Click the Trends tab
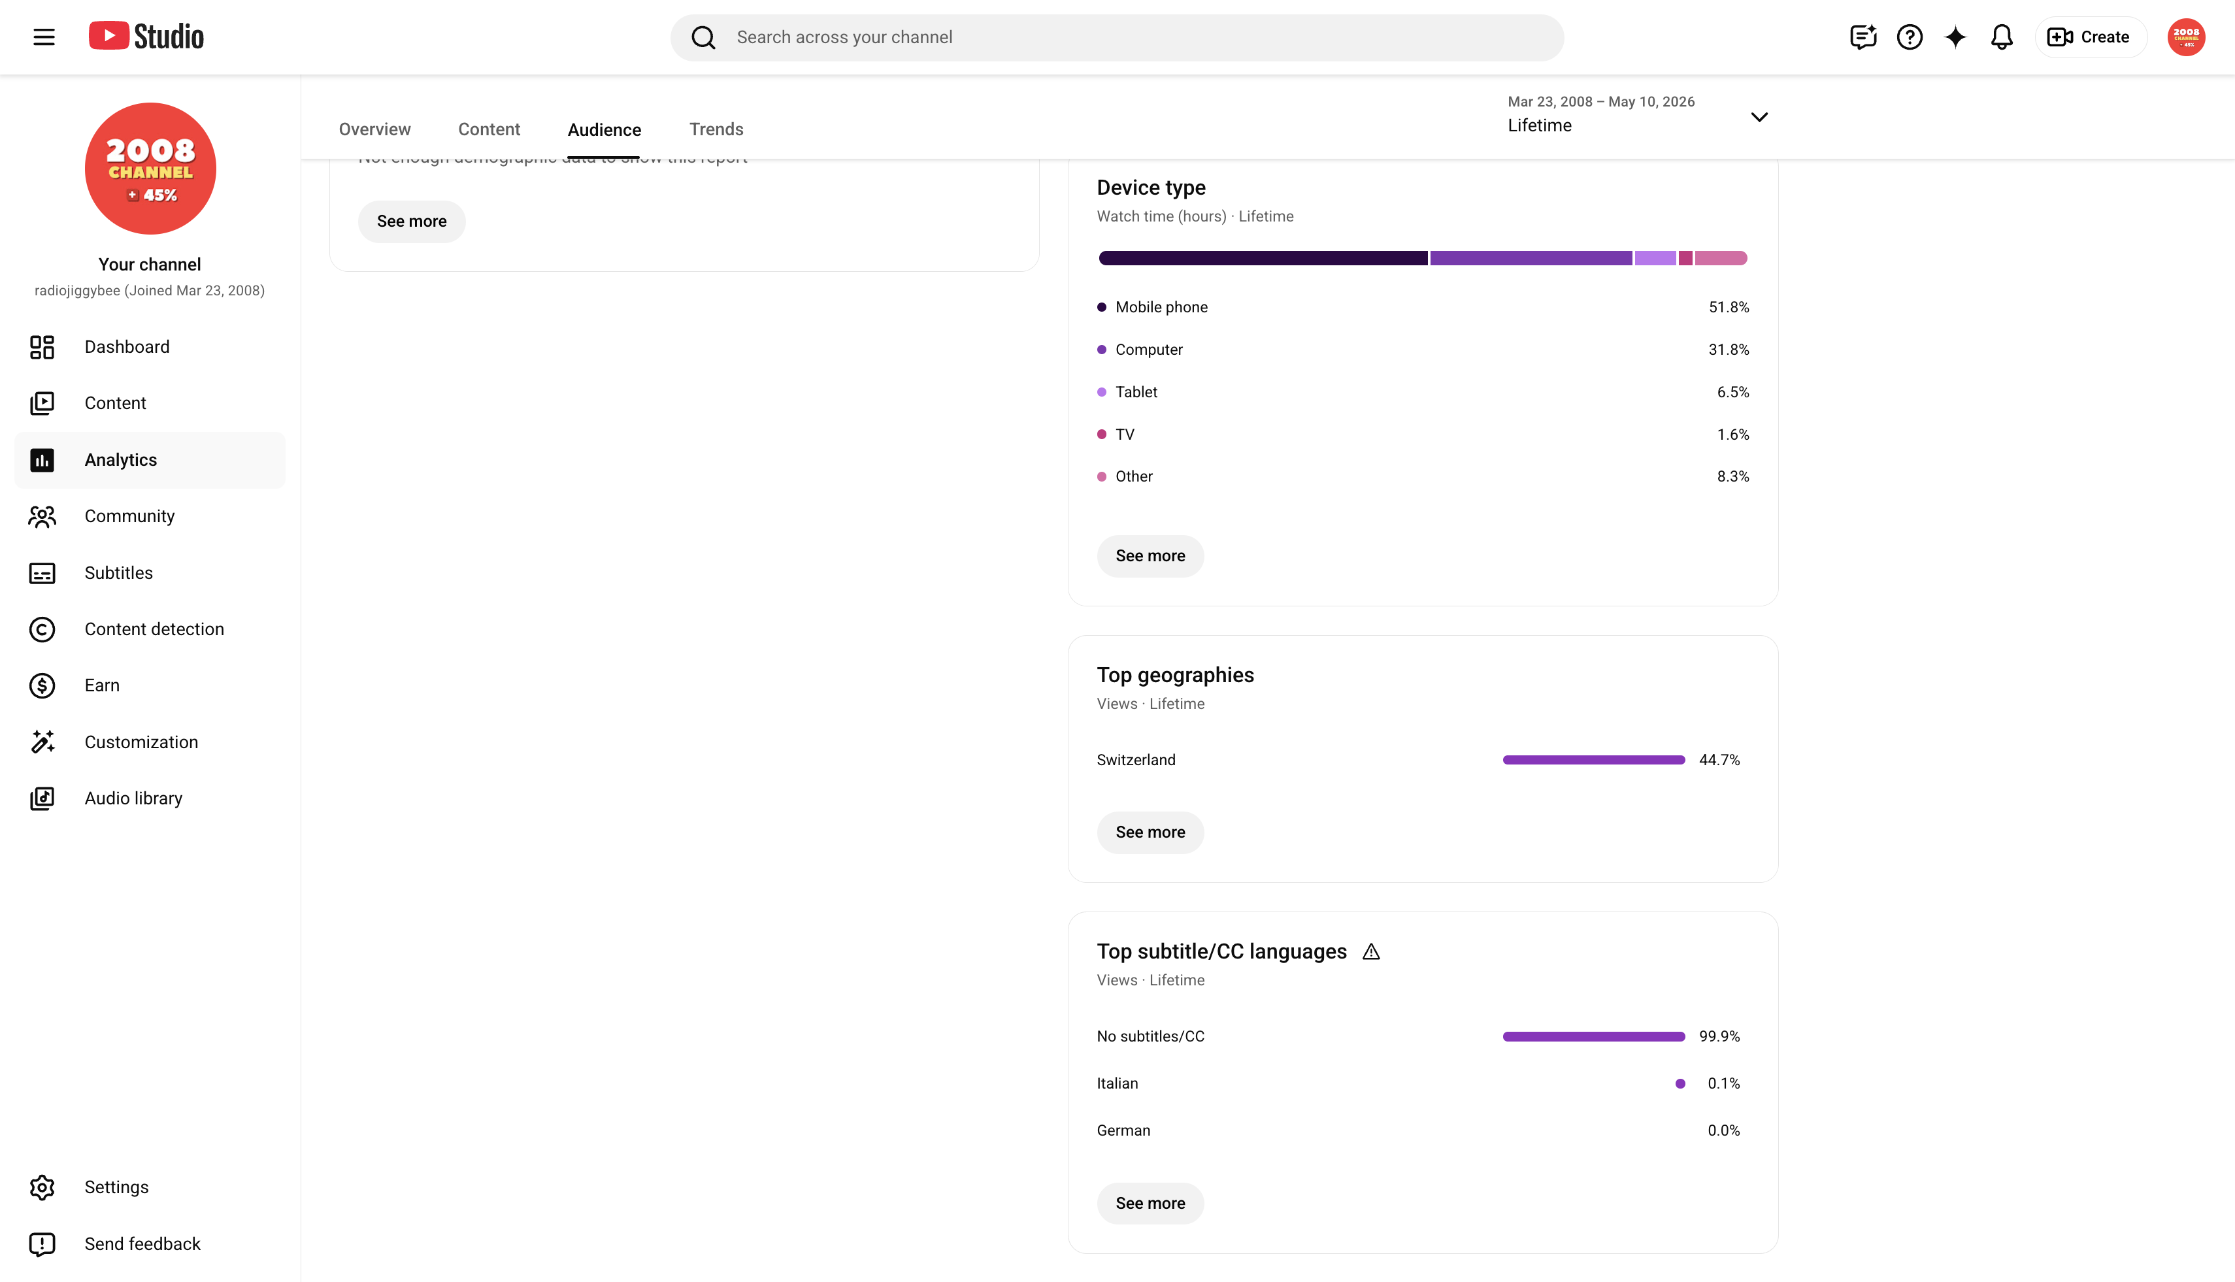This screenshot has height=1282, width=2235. (x=716, y=129)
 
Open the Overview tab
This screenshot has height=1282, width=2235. (x=374, y=129)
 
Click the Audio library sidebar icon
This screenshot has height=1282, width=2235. (x=42, y=798)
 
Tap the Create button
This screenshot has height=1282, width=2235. (x=2090, y=37)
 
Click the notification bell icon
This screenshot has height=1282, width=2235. (x=2002, y=37)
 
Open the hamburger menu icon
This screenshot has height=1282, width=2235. (x=44, y=37)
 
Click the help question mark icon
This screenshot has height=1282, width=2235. (x=1909, y=37)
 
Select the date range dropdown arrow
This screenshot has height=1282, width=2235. (x=1759, y=117)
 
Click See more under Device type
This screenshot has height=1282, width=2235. (x=1150, y=555)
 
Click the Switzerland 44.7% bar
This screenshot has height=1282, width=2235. (x=1594, y=760)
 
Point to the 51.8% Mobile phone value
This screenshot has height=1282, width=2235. (x=1729, y=307)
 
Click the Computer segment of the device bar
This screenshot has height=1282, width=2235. (x=1531, y=258)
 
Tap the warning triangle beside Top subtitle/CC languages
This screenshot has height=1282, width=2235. (x=1371, y=952)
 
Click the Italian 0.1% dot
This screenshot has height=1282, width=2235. (x=1680, y=1084)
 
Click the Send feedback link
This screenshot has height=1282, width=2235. (x=142, y=1243)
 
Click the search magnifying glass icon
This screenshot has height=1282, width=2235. (x=703, y=37)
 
